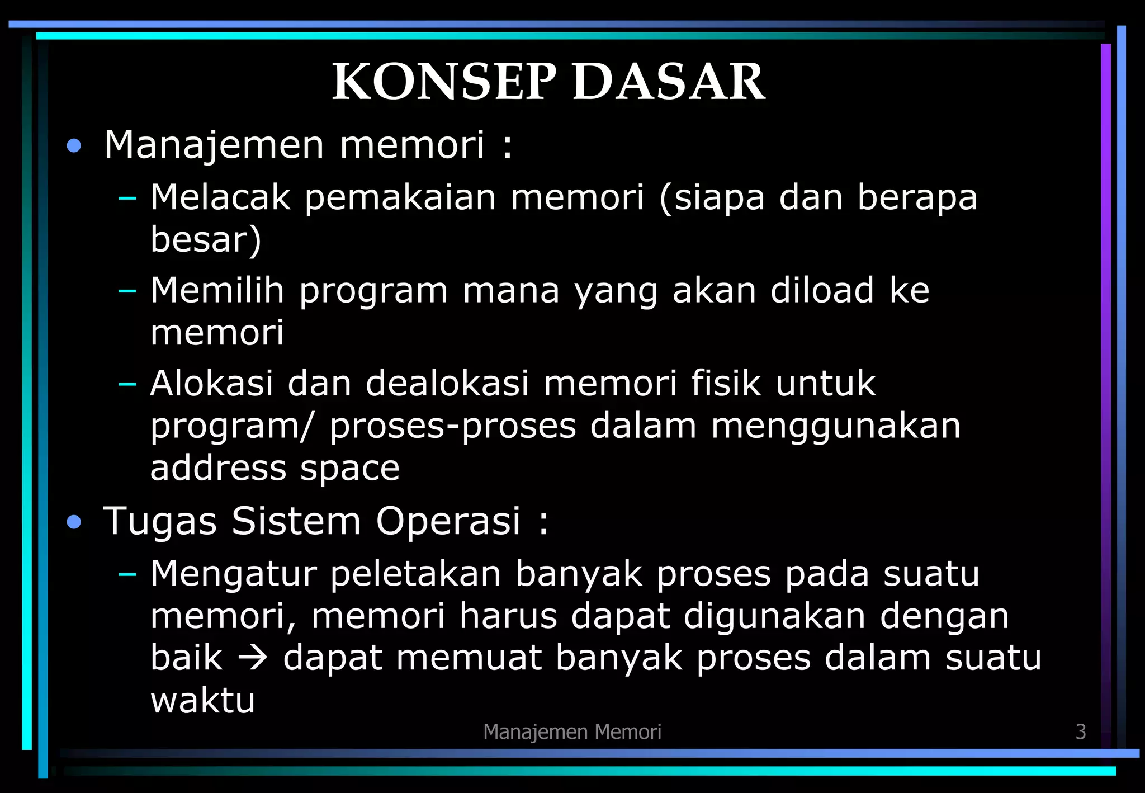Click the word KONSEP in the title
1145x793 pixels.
point(444,82)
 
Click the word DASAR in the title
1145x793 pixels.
point(668,82)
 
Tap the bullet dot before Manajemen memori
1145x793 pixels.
point(74,147)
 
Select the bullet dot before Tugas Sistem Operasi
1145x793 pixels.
point(74,523)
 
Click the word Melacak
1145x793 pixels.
point(220,197)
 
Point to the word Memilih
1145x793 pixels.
point(217,290)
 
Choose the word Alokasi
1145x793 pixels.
point(212,384)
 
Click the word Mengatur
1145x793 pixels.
point(233,574)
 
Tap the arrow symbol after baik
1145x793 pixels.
point(253,658)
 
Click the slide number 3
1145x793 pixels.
point(1081,731)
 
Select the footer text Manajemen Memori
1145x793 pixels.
point(572,731)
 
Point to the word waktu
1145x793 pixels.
point(202,700)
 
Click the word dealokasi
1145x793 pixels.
point(447,384)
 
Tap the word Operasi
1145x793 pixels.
point(448,521)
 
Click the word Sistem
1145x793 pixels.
point(296,521)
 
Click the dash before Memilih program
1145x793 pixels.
point(127,291)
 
